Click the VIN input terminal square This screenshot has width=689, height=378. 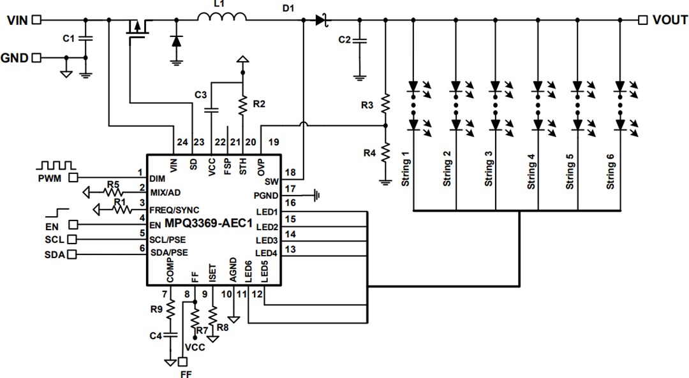point(36,20)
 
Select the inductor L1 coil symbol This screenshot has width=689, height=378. point(222,19)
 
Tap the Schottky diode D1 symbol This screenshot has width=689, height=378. point(321,20)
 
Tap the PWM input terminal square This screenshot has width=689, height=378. point(73,177)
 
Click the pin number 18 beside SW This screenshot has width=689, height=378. point(290,173)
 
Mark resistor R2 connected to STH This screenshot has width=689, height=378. point(242,104)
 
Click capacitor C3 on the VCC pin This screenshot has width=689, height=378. point(211,110)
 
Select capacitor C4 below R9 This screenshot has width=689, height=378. point(170,335)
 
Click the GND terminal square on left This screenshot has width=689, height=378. point(36,58)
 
